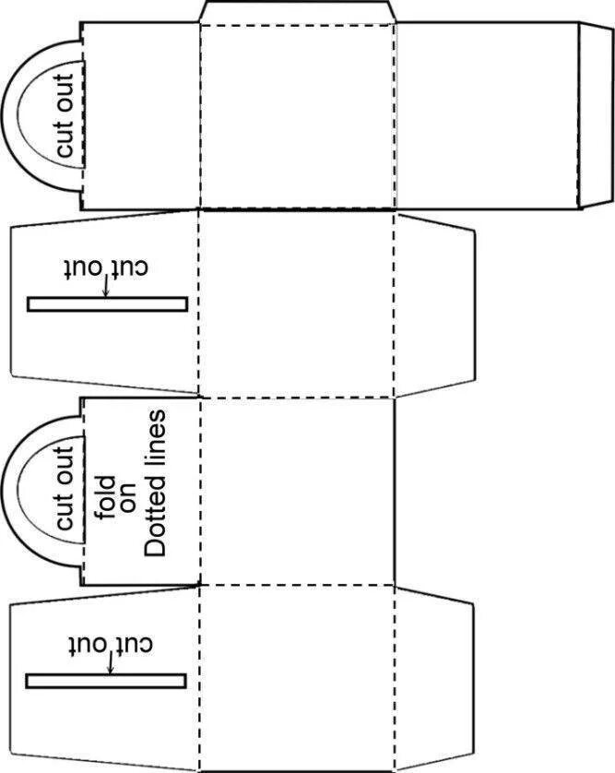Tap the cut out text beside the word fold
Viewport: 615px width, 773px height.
pos(65,488)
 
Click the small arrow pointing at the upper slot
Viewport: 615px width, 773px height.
pos(106,287)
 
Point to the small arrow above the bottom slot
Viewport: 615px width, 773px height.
pos(111,663)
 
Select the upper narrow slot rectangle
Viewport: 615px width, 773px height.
pos(107,303)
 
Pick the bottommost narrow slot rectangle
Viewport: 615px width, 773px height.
pos(106,681)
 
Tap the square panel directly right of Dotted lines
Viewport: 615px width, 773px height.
pos(297,490)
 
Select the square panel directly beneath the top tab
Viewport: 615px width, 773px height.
pos(297,116)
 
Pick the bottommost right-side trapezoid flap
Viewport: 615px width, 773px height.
pos(434,678)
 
